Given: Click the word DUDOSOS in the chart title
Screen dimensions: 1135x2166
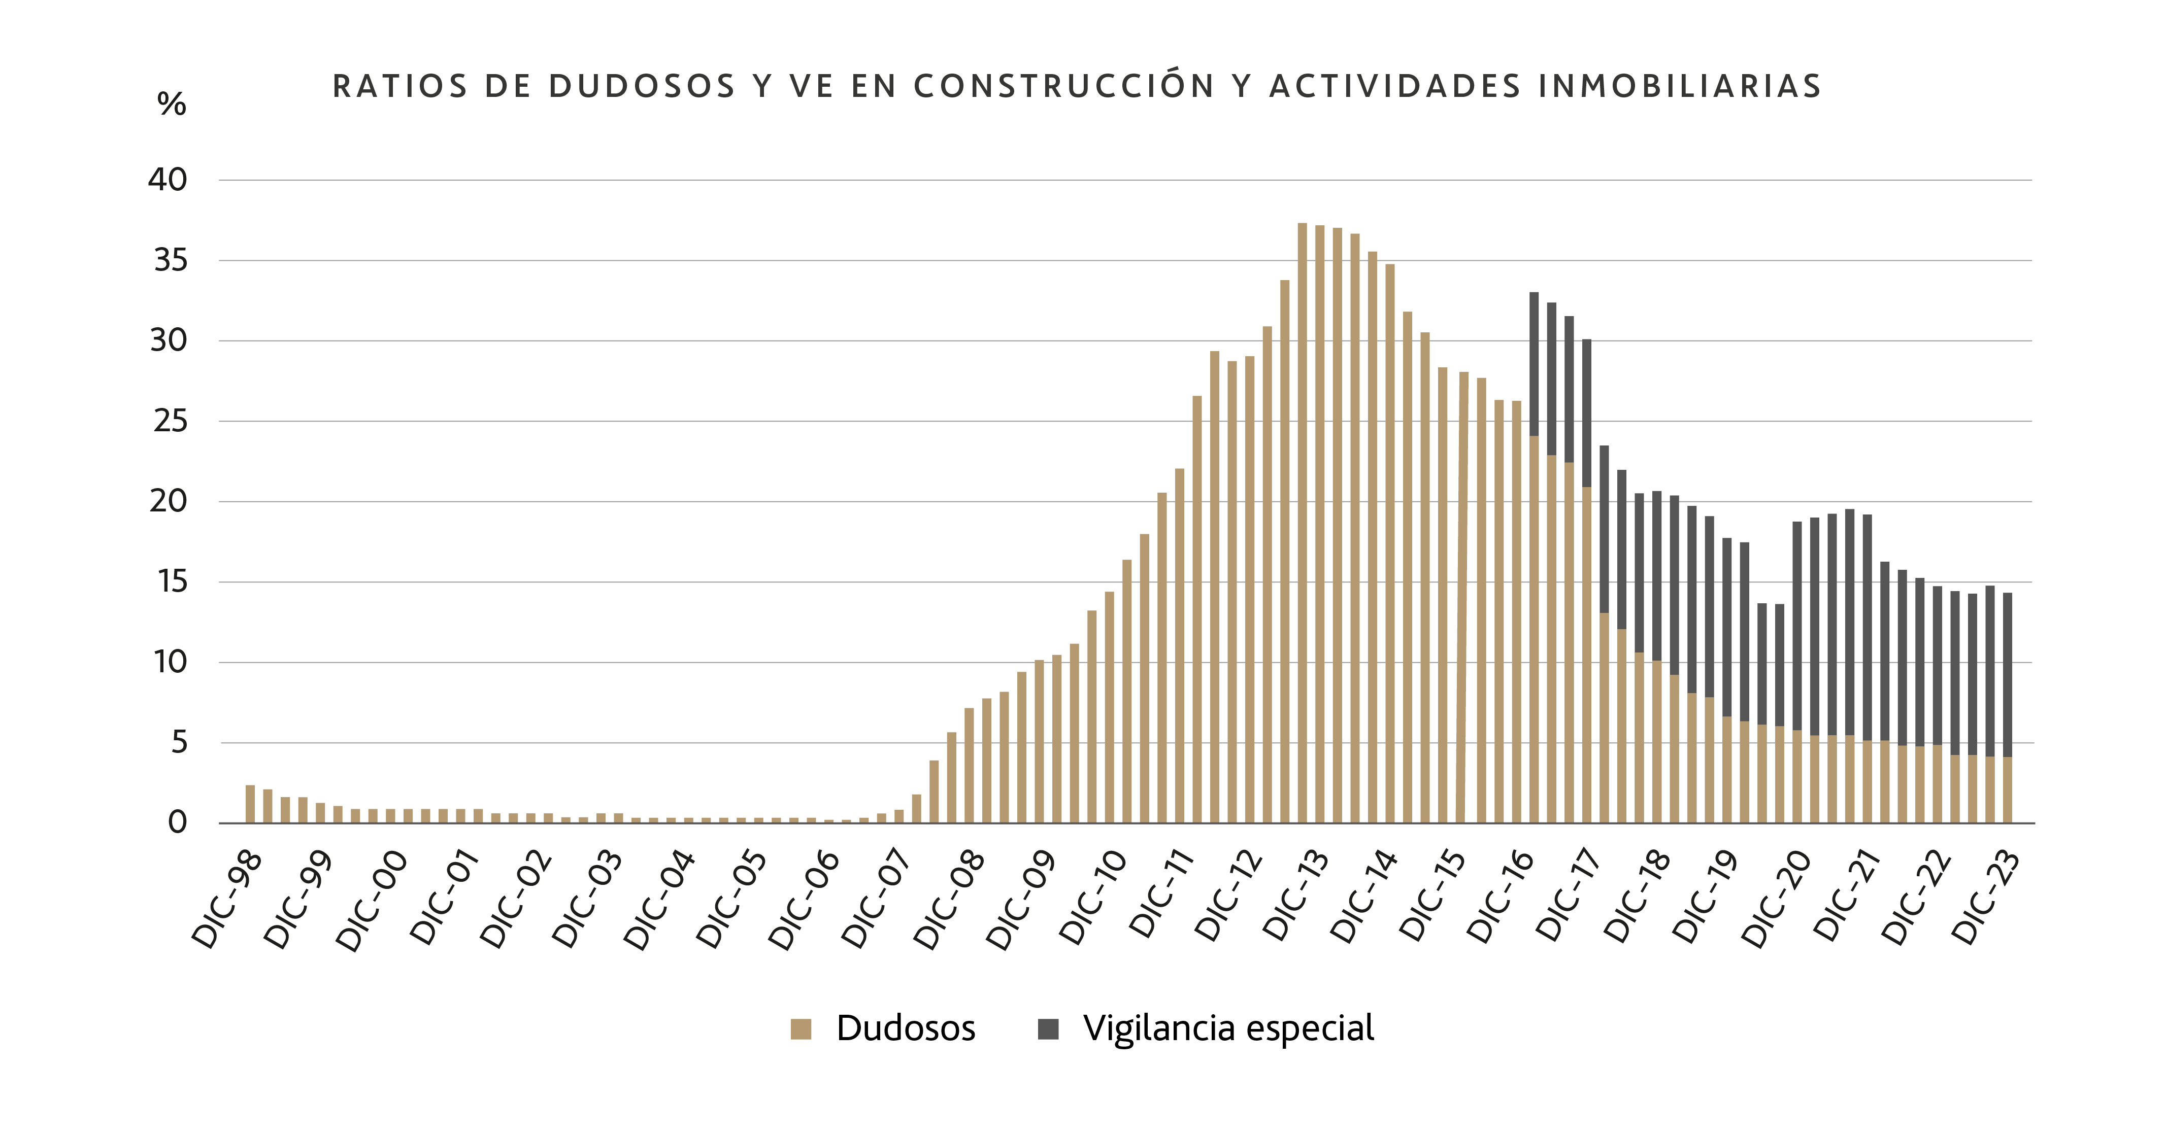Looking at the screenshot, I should (x=643, y=87).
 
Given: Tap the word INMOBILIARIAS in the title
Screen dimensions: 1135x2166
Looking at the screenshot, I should (x=1680, y=87).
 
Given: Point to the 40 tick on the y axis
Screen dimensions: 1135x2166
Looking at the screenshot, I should (x=168, y=180).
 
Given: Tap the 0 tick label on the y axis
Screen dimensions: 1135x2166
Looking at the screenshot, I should (x=178, y=823).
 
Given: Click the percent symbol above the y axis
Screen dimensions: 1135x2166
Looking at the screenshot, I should (x=172, y=104).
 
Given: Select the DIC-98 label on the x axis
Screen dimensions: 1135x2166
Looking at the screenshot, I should (x=227, y=900).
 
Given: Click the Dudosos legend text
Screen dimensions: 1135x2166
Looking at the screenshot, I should (x=906, y=1028).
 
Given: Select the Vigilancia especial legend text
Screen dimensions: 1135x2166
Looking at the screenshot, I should (x=1228, y=1028).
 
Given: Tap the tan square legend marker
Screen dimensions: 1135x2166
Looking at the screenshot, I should (x=801, y=1029).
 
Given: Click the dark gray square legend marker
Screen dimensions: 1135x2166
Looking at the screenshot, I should (x=1048, y=1029).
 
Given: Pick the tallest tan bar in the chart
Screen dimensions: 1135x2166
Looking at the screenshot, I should (x=1303, y=521).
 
